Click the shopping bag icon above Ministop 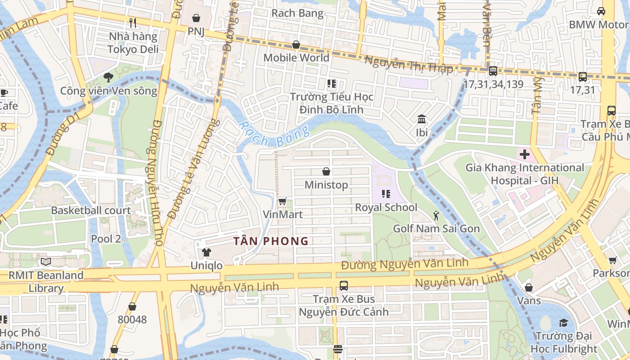326,171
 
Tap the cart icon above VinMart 282,201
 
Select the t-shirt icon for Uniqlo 206,252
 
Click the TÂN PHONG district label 271,241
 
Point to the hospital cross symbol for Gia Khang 524,154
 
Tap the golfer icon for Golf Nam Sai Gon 436,215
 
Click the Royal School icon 386,194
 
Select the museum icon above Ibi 422,119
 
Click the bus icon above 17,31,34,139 493,71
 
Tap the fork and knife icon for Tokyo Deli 133,22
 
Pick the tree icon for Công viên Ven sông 108,77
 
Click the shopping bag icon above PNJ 196,18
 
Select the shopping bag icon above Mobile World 296,45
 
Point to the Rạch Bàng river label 274,134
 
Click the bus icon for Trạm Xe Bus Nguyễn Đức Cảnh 344,285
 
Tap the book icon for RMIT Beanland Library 45,261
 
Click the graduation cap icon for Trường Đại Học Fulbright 563,323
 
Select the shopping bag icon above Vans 529,287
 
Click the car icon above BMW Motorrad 601,11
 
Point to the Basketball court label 91,210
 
